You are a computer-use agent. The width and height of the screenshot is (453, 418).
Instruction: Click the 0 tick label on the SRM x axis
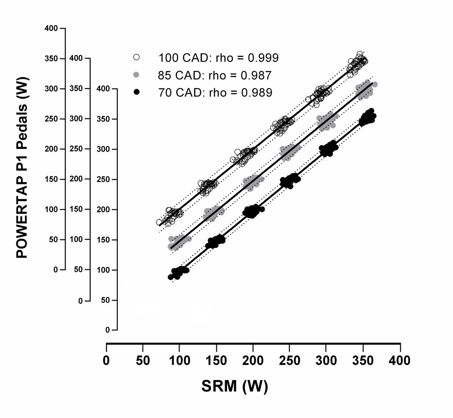[x=106, y=360]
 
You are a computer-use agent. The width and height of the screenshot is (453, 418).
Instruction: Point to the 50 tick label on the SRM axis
[x=143, y=360]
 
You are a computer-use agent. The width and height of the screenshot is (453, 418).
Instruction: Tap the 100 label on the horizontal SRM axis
[x=180, y=360]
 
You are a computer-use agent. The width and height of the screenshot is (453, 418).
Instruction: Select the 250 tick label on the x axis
[x=290, y=360]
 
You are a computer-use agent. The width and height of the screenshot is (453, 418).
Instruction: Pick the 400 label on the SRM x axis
[x=400, y=360]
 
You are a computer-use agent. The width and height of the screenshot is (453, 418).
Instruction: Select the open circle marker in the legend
[x=137, y=58]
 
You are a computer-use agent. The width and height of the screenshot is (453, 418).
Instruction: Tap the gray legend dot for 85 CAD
[x=137, y=75]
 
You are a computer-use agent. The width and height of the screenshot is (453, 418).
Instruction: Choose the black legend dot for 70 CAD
[x=137, y=92]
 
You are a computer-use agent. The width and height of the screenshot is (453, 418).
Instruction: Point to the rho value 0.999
[x=261, y=58]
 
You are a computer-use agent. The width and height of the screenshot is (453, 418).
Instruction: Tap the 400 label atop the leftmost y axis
[x=51, y=28]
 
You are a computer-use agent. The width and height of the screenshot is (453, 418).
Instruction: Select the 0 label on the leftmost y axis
[x=56, y=270]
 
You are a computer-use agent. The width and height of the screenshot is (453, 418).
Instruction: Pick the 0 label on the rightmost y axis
[x=107, y=330]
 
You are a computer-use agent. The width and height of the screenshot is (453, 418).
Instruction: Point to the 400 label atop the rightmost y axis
[x=103, y=89]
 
